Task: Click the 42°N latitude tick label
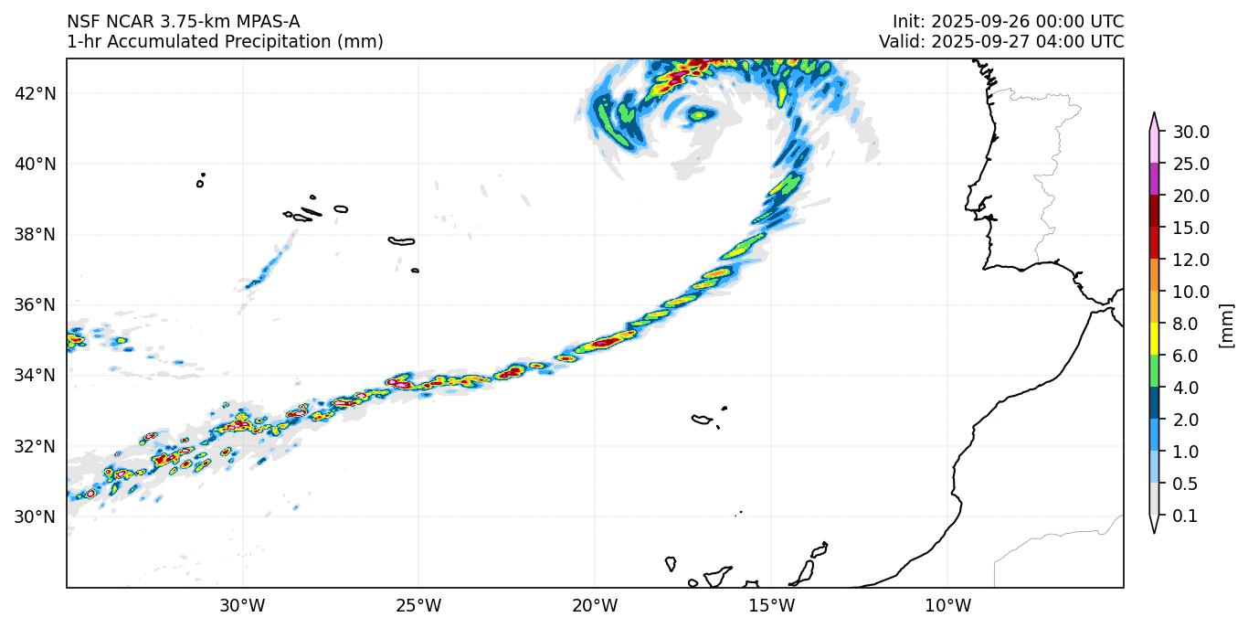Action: [x=37, y=93]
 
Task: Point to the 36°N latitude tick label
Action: [x=37, y=304]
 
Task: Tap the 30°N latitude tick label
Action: [x=37, y=516]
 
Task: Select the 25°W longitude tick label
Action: [x=418, y=605]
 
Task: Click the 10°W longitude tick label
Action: [x=947, y=605]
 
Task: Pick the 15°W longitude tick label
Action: [x=771, y=605]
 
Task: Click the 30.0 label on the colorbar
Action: [x=1191, y=132]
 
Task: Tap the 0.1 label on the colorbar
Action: [x=1185, y=516]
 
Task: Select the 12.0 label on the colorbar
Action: [x=1191, y=260]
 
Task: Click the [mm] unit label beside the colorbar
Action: [x=1226, y=325]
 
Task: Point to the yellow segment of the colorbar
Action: [x=1154, y=339]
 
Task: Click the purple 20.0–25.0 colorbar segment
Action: [x=1154, y=179]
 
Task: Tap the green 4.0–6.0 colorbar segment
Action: [x=1154, y=371]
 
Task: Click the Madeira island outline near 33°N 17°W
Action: [x=702, y=420]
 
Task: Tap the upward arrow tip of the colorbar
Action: [x=1154, y=115]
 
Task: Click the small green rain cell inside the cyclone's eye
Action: [x=700, y=114]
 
